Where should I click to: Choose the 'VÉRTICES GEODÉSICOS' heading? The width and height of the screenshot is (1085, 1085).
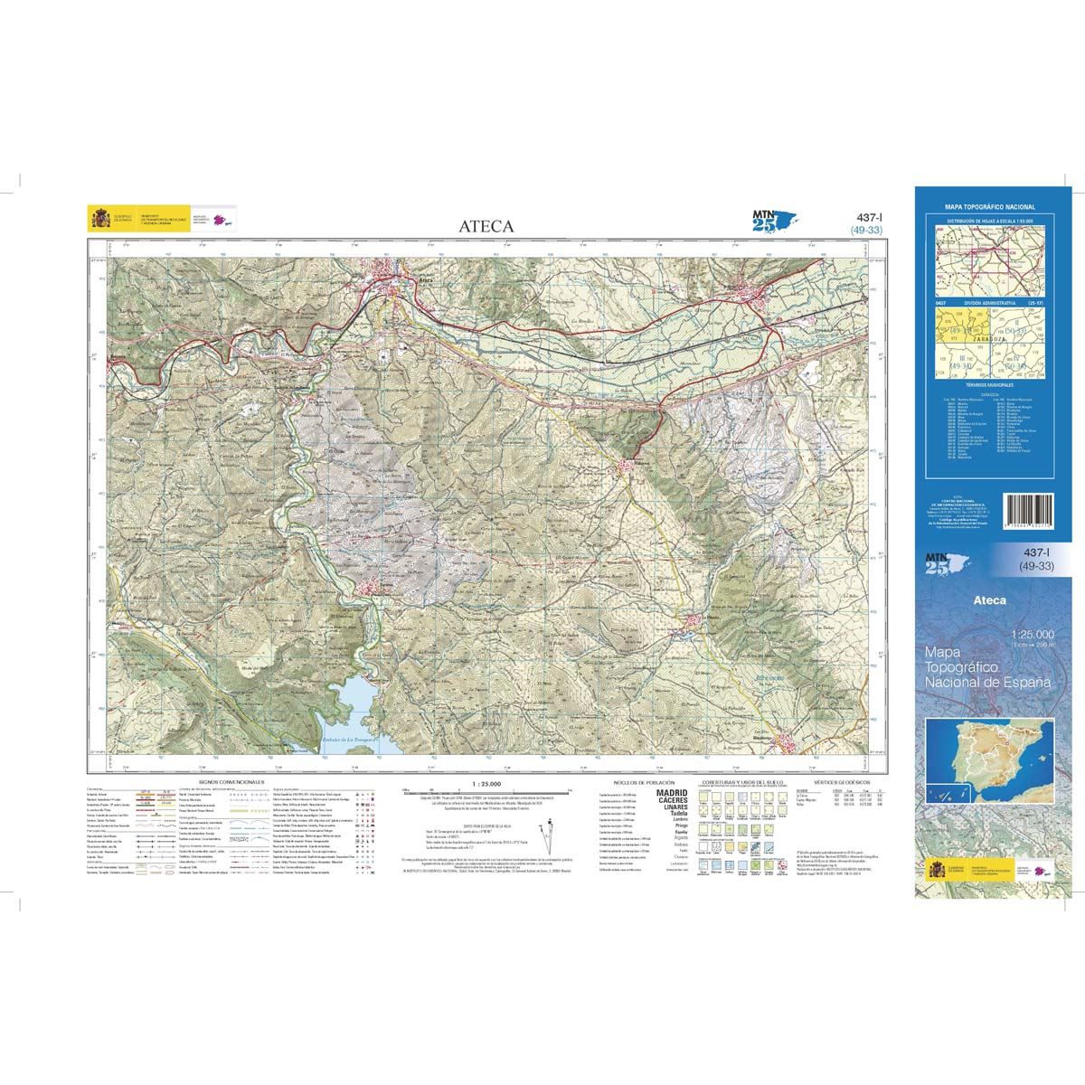click(x=840, y=779)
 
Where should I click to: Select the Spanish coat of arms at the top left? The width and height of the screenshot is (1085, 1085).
click(x=99, y=219)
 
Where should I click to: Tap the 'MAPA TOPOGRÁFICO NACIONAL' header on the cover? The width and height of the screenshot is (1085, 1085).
click(x=988, y=207)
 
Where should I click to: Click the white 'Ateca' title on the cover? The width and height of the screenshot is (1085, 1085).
click(x=989, y=599)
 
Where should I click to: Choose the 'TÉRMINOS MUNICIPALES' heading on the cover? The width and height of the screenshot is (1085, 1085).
click(x=988, y=384)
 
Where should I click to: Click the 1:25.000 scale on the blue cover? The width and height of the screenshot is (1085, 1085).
click(x=1028, y=637)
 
